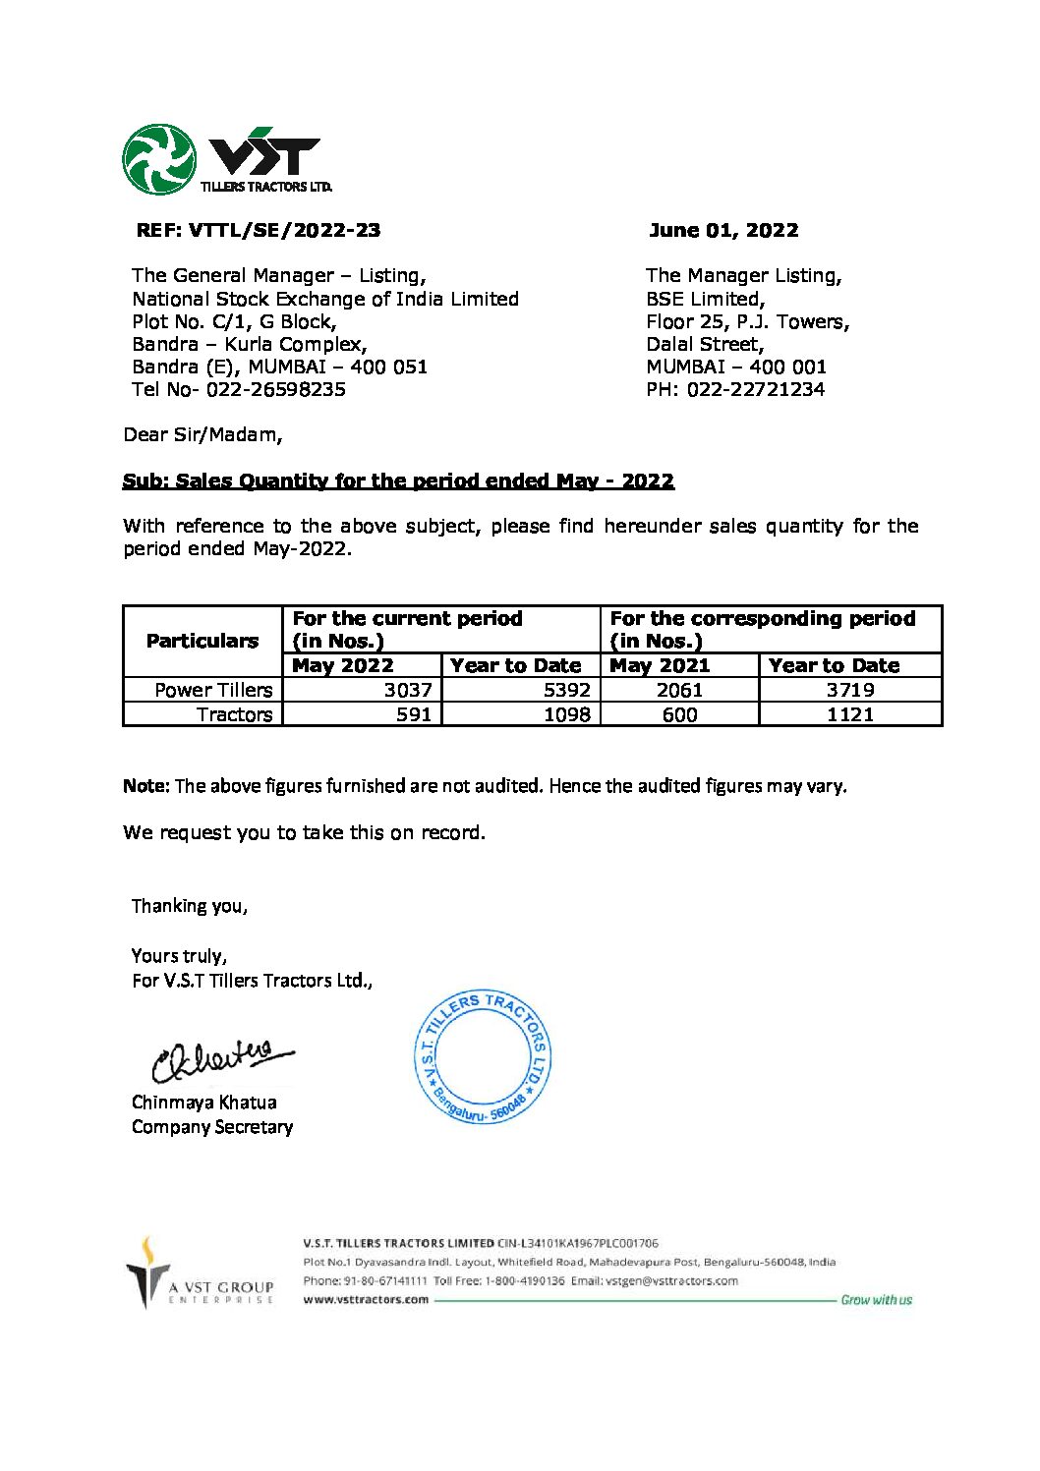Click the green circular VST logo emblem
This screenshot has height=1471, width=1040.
pos(159,159)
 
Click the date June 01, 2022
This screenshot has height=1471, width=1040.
pos(723,230)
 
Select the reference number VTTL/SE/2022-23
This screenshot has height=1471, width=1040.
pos(284,230)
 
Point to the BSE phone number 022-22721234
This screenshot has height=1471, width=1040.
pos(756,389)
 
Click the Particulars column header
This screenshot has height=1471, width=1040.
pos(202,641)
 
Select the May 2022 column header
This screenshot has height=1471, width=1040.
pos(343,665)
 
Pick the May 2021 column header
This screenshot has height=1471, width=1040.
pos(660,665)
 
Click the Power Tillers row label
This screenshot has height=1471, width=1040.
pos(213,690)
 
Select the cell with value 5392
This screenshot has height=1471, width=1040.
pos(567,690)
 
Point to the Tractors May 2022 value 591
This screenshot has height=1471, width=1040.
pos(414,714)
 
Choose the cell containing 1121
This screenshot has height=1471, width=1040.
pos(850,714)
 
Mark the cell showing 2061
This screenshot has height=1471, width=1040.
pos(679,690)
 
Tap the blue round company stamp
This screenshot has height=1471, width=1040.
pos(483,1057)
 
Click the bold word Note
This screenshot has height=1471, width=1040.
pos(145,786)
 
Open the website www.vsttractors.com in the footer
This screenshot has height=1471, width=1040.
pos(366,1299)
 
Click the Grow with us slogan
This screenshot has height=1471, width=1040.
pos(876,1300)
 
